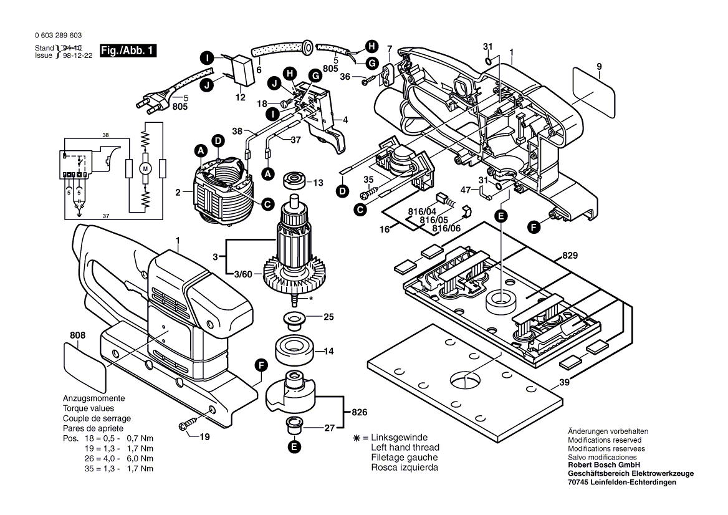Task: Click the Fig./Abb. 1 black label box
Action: [x=127, y=51]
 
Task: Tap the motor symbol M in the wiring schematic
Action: [x=146, y=168]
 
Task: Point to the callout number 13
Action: [x=318, y=183]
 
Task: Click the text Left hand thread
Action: [x=405, y=448]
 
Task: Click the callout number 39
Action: [x=564, y=382]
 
